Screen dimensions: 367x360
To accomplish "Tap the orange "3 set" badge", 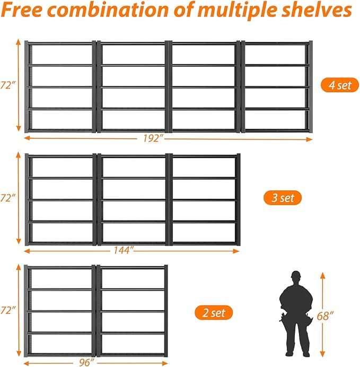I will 283,198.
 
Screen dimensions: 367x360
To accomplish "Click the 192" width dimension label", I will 152,138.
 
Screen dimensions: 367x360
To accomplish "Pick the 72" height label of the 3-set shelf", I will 7,198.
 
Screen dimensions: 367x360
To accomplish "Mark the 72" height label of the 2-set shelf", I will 7,309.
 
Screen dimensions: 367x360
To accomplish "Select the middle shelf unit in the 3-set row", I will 133,199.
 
